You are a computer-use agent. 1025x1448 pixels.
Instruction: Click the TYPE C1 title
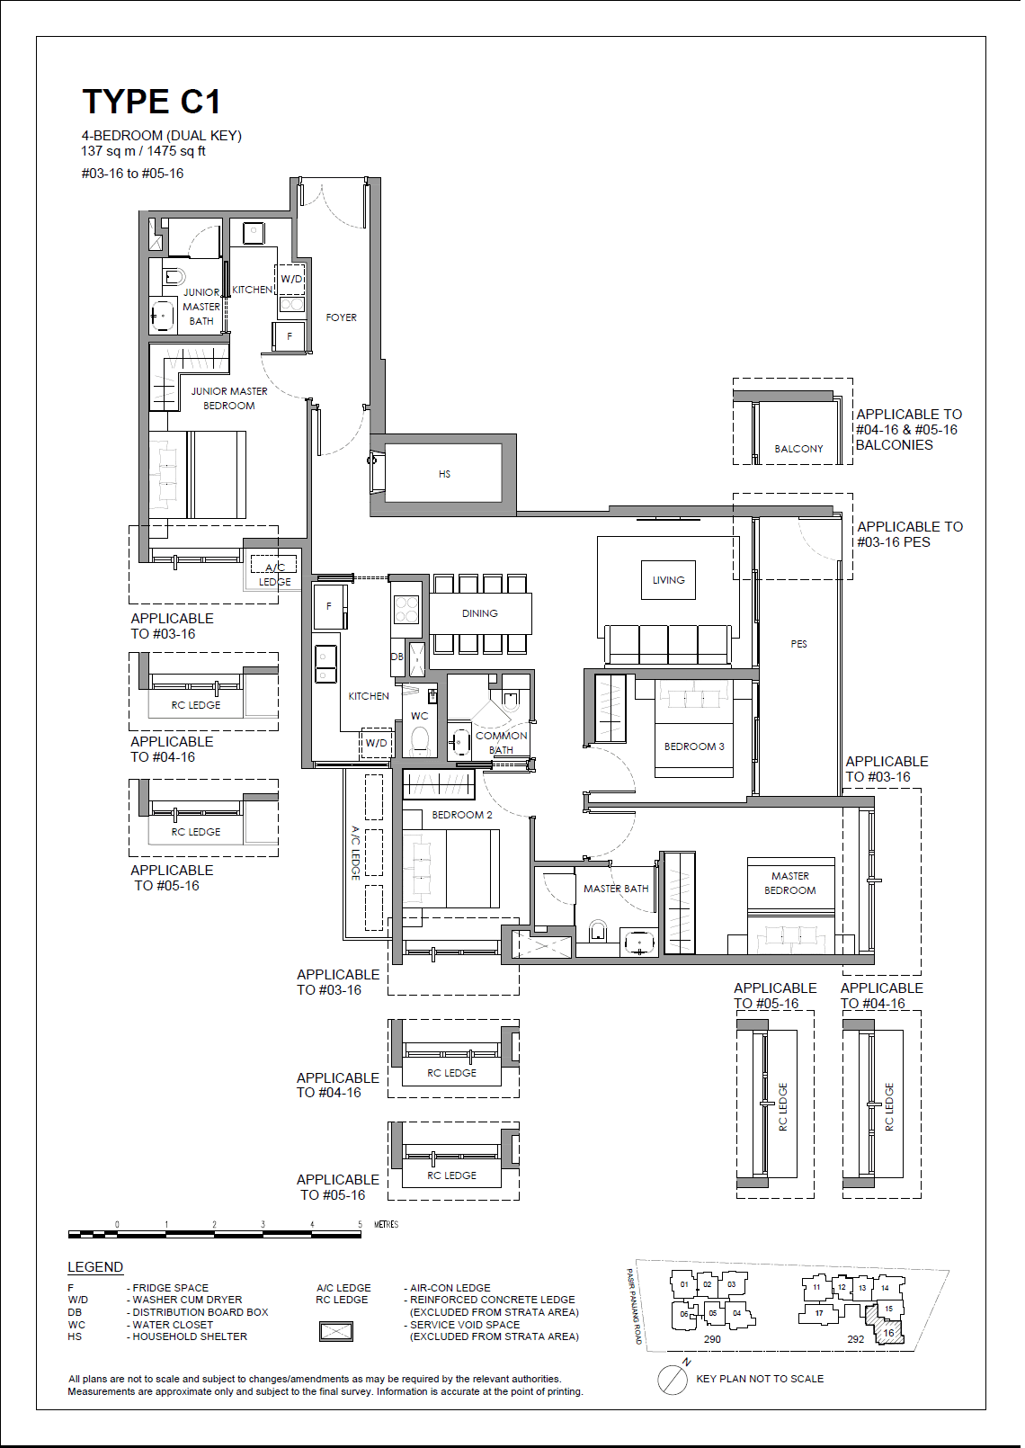[x=151, y=102]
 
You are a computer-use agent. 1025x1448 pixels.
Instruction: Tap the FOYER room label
[x=341, y=317]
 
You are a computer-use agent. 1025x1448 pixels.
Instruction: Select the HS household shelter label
[x=444, y=474]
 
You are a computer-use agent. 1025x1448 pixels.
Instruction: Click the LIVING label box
[x=668, y=580]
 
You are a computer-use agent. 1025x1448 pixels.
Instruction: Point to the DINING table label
[x=479, y=613]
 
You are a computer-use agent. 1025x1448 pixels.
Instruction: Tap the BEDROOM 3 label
[x=694, y=746]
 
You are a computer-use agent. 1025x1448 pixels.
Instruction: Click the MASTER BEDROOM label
[x=789, y=883]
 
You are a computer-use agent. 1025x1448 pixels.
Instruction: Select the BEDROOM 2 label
[x=461, y=815]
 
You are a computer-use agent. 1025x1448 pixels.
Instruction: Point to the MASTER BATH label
[x=615, y=889]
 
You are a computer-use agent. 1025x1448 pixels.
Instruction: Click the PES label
[x=798, y=644]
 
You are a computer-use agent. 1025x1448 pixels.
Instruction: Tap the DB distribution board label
[x=397, y=657]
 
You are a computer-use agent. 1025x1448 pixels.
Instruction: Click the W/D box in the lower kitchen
[x=376, y=743]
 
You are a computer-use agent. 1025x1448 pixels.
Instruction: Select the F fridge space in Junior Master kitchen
[x=290, y=336]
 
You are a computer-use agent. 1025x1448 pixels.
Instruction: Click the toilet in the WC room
[x=420, y=741]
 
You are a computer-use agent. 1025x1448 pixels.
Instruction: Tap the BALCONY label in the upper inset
[x=798, y=449]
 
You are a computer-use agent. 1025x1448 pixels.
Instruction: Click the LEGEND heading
[x=95, y=1267]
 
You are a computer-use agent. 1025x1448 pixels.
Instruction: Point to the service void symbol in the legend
[x=336, y=1331]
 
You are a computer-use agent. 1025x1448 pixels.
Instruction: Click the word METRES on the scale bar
[x=386, y=1225]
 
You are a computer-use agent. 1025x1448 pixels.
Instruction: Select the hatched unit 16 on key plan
[x=887, y=1332]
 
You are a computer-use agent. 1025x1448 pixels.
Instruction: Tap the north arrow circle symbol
[x=672, y=1380]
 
